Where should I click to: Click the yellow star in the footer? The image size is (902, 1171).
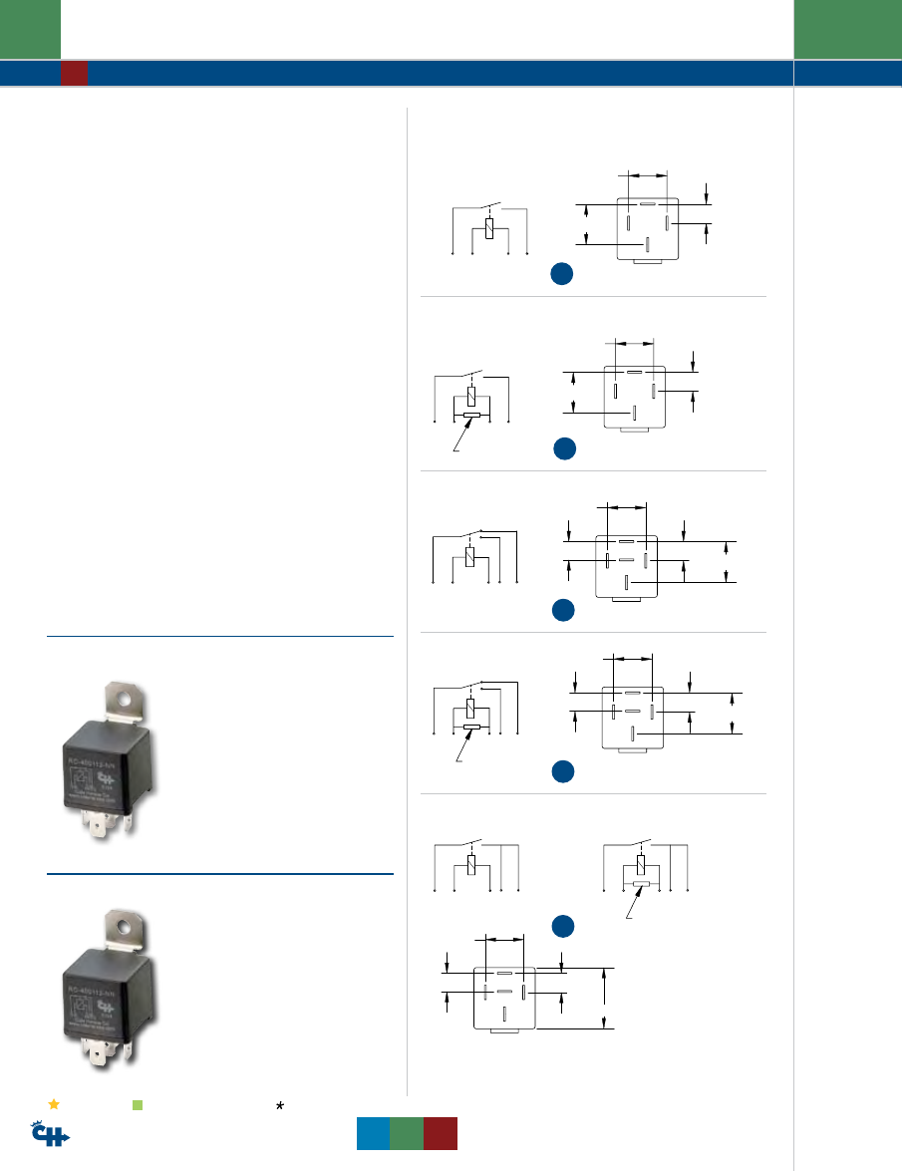[x=54, y=1104]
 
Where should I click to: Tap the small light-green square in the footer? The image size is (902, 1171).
[x=139, y=1105]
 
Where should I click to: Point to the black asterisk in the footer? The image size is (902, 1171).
[x=281, y=1105]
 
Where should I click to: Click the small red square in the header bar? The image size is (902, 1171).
[x=74, y=73]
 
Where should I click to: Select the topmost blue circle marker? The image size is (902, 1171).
[x=563, y=275]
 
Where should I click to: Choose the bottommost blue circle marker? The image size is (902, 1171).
[x=563, y=927]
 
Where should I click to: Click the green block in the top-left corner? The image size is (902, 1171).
[x=30, y=29]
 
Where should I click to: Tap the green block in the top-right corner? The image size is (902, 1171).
[x=847, y=29]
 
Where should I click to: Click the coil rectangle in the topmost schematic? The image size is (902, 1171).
[x=489, y=229]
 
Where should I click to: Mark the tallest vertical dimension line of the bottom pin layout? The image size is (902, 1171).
[x=605, y=997]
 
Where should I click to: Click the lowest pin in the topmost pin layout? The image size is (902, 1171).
[x=648, y=244]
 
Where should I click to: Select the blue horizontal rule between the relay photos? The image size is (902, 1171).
[x=220, y=874]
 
